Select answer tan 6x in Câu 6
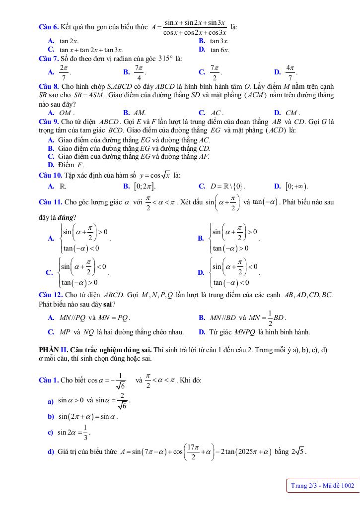(219, 50)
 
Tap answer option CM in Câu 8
(291, 113)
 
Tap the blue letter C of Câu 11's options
(50, 272)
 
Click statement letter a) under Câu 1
(51, 401)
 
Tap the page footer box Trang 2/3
(322, 485)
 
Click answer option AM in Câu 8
(140, 113)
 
